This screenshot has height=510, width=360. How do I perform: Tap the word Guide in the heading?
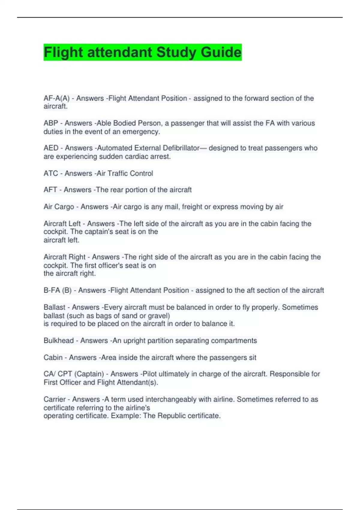tap(221, 52)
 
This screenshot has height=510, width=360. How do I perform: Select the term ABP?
tap(51, 123)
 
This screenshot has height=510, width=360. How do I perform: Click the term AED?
tap(51, 148)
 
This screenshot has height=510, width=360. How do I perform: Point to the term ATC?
tap(51, 173)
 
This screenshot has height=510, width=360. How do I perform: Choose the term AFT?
tap(50, 190)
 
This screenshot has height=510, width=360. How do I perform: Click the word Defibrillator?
tap(181, 148)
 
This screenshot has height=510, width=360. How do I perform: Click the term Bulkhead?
tap(58, 340)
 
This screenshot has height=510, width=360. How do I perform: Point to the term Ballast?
tap(54, 307)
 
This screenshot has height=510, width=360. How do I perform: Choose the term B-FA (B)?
tap(58, 290)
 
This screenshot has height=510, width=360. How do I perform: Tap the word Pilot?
tap(150, 374)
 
